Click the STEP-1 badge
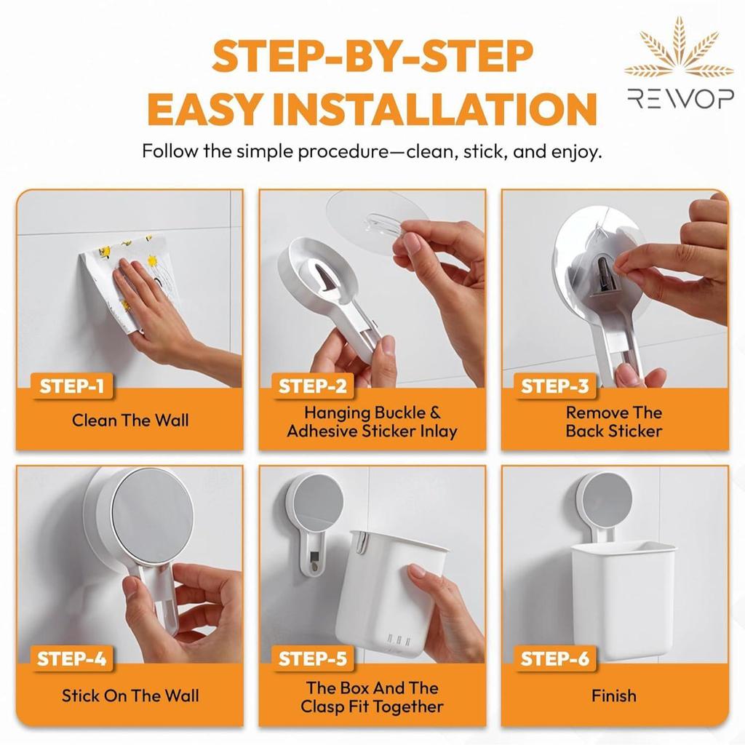pyautogui.click(x=72, y=386)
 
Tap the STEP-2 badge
pyautogui.click(x=313, y=386)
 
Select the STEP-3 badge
pyautogui.click(x=555, y=386)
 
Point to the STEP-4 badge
pyautogui.click(x=72, y=658)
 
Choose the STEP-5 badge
pyautogui.click(x=313, y=658)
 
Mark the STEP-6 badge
pyautogui.click(x=555, y=658)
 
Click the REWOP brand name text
pyautogui.click(x=680, y=98)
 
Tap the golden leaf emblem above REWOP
pyautogui.click(x=680, y=47)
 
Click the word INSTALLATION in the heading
pyautogui.click(x=435, y=108)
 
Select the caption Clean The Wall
pyautogui.click(x=130, y=421)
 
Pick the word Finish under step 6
pyautogui.click(x=614, y=696)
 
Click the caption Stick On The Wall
pyautogui.click(x=130, y=696)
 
